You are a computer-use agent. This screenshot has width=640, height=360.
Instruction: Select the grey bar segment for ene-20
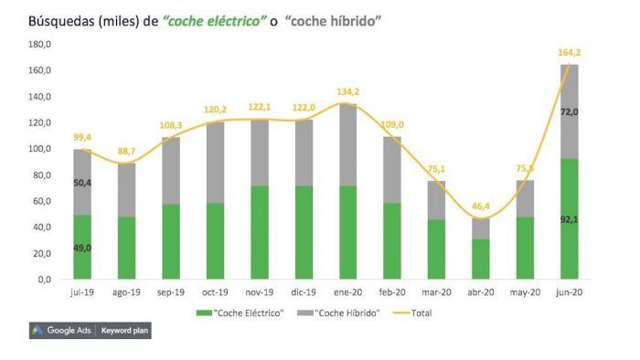click(x=347, y=144)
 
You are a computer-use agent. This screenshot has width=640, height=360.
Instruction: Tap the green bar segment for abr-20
click(x=480, y=259)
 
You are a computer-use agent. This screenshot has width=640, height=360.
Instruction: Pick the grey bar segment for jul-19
click(x=82, y=182)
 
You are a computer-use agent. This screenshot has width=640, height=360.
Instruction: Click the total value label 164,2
click(x=571, y=52)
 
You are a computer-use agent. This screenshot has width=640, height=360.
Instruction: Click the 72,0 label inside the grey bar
click(x=569, y=111)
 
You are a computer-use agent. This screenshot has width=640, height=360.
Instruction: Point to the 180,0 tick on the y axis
click(x=39, y=44)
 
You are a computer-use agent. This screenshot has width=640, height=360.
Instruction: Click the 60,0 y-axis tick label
click(x=41, y=201)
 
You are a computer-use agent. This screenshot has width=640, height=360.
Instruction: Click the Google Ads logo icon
click(x=37, y=330)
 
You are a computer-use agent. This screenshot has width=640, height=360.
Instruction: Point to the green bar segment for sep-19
click(x=171, y=241)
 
